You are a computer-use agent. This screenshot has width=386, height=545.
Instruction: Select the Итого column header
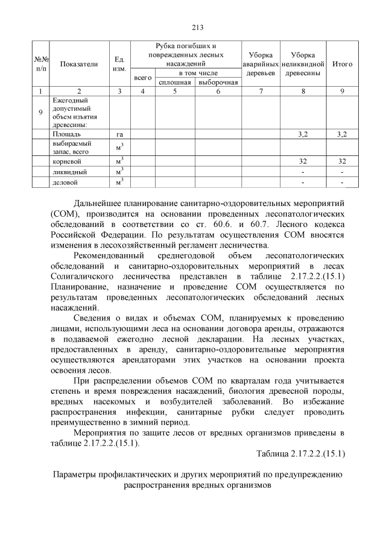pyautogui.click(x=343, y=64)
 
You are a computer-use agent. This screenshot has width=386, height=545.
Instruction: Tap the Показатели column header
pyautogui.click(x=79, y=64)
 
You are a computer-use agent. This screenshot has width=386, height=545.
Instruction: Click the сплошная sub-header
pyautogui.click(x=174, y=83)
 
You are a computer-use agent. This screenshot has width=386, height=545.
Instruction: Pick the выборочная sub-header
pyautogui.click(x=218, y=83)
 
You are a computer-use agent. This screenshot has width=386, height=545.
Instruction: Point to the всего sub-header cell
pyautogui.click(x=142, y=78)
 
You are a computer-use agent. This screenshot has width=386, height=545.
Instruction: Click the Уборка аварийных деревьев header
pyautogui.click(x=260, y=64)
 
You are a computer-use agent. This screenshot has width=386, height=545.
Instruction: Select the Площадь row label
pyautogui.click(x=67, y=134)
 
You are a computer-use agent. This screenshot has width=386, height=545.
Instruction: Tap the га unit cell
pyautogui.click(x=119, y=134)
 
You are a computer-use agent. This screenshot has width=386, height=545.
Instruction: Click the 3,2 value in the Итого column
pyautogui.click(x=342, y=134)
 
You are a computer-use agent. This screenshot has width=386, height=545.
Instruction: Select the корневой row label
pyautogui.click(x=67, y=162)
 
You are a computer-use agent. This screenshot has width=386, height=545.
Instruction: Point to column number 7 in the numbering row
pyautogui.click(x=260, y=91)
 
